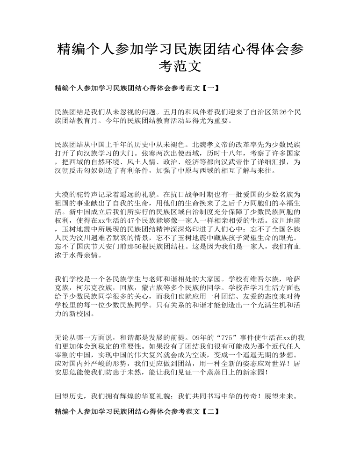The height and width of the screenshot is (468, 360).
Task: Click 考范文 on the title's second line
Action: (180, 67)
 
